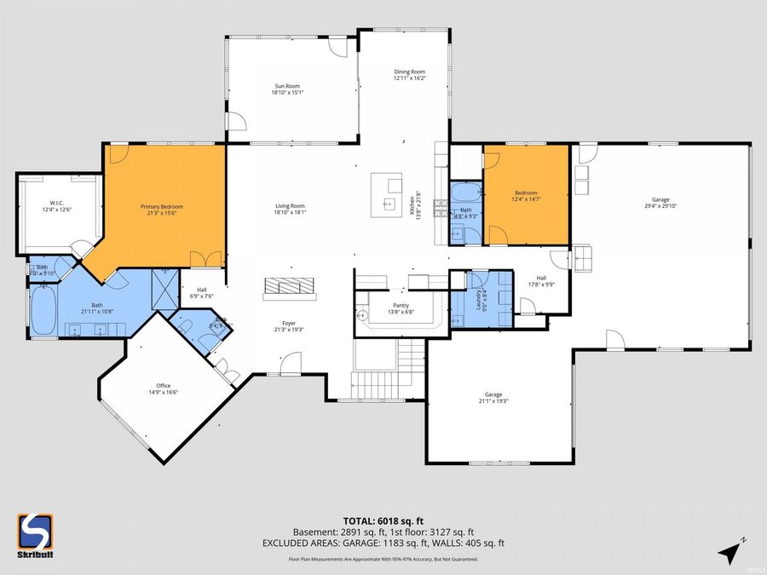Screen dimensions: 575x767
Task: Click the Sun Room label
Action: click(287, 85)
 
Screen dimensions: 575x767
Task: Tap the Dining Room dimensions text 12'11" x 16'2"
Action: click(409, 78)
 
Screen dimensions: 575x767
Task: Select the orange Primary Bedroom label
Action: click(162, 206)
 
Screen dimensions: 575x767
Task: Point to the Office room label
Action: click(163, 386)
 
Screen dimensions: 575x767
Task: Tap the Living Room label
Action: click(290, 206)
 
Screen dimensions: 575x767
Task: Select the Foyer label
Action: click(290, 323)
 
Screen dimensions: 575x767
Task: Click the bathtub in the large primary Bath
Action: click(43, 311)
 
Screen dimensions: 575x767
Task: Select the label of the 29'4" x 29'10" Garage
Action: click(660, 199)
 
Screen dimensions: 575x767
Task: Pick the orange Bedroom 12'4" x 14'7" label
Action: click(526, 193)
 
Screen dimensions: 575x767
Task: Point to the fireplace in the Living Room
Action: click(291, 287)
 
